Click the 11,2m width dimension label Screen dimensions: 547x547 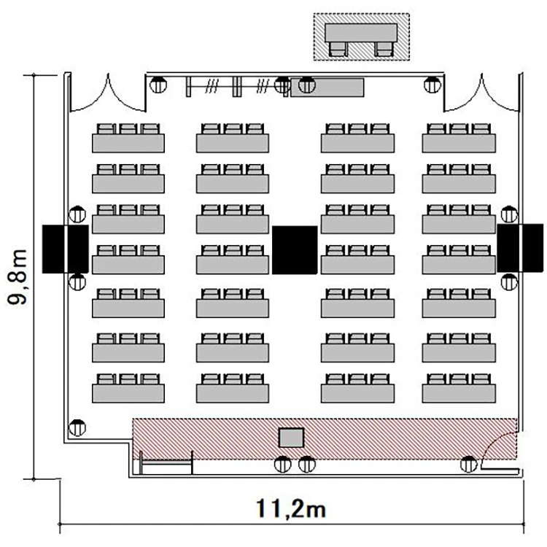pos(291,508)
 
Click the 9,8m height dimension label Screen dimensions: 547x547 pos(18,277)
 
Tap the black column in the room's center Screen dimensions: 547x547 pos(295,249)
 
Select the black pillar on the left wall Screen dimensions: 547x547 pos(65,249)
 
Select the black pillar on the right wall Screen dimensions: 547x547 pos(520,248)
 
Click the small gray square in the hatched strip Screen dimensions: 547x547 pos(291,438)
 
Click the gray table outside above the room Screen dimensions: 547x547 pos(361,33)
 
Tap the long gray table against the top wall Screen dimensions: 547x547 pos(327,88)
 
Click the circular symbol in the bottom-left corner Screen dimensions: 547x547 pos(77,427)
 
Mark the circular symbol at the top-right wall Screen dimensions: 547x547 pos(432,85)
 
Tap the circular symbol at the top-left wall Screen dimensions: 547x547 pos(158,85)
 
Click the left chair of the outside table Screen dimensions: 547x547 pos(338,49)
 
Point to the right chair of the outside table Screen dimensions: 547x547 pos(384,49)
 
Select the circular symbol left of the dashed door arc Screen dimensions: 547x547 pos(468,465)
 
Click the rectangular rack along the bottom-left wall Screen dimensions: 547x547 pos(166,463)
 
